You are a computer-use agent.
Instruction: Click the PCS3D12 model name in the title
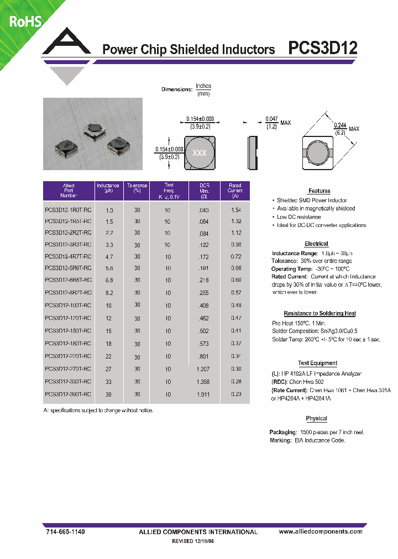pyautogui.click(x=323, y=49)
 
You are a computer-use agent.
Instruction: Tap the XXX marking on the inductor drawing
pyautogui.click(x=199, y=153)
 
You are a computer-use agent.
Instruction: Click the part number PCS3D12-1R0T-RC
pyautogui.click(x=68, y=210)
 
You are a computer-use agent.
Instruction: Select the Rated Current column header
pyautogui.click(x=235, y=191)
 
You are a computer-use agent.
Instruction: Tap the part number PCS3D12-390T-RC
pyautogui.click(x=68, y=394)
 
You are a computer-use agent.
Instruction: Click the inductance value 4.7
pyautogui.click(x=109, y=256)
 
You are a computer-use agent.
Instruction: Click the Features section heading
pyautogui.click(x=319, y=191)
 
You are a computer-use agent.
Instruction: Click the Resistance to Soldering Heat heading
pyautogui.click(x=320, y=313)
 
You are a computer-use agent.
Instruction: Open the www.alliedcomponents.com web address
pyautogui.click(x=321, y=531)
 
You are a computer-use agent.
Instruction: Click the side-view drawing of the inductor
pyautogui.click(x=253, y=152)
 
